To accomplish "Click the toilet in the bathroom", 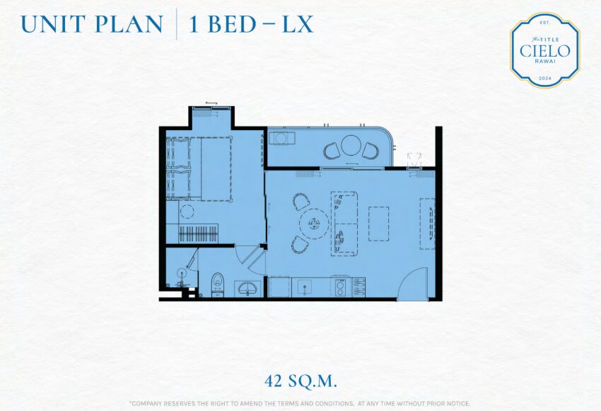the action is point(217,285).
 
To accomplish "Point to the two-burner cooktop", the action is point(340,287).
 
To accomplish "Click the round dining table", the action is point(315,224).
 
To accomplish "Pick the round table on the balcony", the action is point(350,145).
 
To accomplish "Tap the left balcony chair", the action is point(332,151).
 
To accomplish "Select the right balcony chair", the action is point(370,150).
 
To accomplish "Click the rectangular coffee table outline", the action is point(379,224).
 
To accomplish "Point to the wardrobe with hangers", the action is point(199,233).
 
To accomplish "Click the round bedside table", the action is point(187,212).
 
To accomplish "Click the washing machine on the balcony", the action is point(281,138).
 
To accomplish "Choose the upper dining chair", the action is point(301,202).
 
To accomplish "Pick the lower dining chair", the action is point(300,245).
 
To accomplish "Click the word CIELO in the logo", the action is point(544,51).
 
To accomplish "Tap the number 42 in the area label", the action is point(274,381).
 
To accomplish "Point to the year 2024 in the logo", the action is point(544,79).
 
